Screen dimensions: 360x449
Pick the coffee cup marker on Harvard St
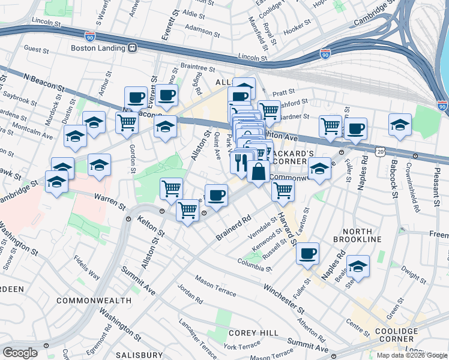pyautogui.click(x=308, y=253)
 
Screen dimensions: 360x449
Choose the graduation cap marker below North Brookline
pyautogui.click(x=358, y=266)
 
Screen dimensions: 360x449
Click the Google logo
pyautogui.click(x=20, y=353)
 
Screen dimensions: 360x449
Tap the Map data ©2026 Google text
pyautogui.click(x=411, y=355)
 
